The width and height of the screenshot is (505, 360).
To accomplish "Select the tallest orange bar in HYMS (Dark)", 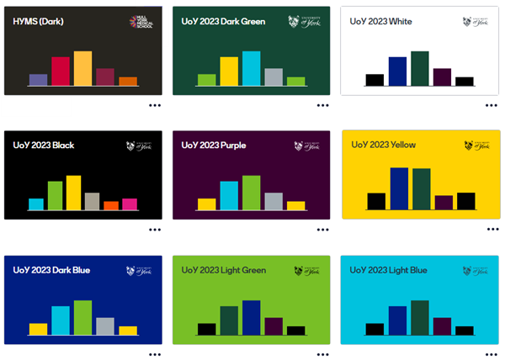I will pos(82,68).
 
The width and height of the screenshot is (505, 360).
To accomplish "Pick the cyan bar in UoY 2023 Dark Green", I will pos(251,68).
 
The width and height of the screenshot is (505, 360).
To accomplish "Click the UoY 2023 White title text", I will pos(381,21).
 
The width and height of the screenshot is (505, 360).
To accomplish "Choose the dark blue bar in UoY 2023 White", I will pos(397,71).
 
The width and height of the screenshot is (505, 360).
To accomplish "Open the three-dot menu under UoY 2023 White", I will pos(492,105).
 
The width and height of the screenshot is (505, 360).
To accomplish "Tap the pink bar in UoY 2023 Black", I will pos(129,204).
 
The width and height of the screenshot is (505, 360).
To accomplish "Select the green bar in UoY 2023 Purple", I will pos(251,192).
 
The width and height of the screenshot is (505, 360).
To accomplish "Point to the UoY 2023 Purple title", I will pos(213,145).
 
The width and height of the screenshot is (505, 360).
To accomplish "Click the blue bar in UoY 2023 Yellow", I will pos(399,188).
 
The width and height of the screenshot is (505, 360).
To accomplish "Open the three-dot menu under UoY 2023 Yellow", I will pos(492,229).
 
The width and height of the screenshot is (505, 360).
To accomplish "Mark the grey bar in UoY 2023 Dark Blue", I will pos(105,326).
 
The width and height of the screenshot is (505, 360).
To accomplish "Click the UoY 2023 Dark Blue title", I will pos(51,270).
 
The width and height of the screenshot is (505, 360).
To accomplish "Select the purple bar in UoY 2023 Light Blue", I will pos(442,326).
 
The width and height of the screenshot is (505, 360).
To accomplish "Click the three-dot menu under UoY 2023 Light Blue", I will pos(492,353).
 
